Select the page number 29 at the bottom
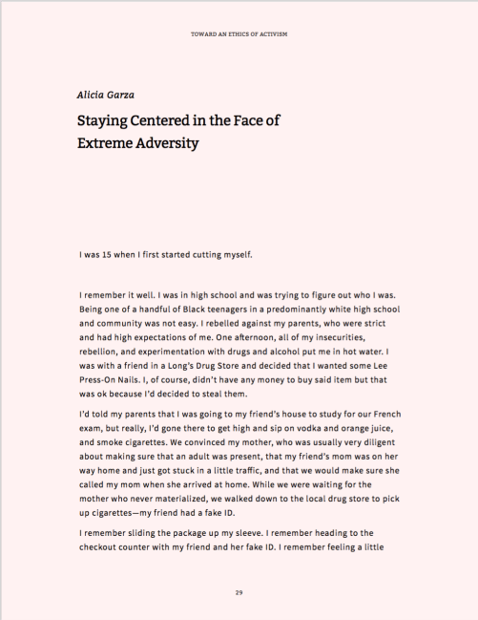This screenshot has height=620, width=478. coord(239,593)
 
